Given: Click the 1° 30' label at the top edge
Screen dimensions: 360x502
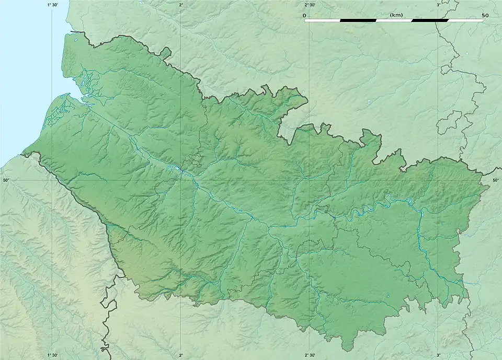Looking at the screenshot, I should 52,5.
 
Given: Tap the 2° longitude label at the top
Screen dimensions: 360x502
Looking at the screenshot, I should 181,5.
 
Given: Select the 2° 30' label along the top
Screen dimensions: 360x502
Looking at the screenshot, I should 310,5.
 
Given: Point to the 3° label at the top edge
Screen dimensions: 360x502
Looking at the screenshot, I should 439,5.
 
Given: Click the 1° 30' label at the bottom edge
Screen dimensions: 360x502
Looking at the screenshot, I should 52,355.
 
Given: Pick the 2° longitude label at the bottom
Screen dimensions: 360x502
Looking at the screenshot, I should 181,355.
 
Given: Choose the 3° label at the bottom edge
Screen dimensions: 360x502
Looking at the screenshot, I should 439,355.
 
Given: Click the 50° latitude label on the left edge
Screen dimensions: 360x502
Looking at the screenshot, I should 6,180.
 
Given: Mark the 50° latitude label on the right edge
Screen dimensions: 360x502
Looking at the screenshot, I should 496,180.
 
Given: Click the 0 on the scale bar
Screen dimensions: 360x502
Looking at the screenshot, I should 304,15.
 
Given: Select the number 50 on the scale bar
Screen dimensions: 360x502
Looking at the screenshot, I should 485,15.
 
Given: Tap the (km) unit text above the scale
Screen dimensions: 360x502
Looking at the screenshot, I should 396,15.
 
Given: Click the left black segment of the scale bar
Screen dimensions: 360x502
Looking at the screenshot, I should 358,20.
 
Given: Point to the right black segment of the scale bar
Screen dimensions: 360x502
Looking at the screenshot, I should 430,20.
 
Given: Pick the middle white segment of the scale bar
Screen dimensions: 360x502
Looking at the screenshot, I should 394,20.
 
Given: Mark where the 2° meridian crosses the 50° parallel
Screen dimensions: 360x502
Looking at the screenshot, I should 181,180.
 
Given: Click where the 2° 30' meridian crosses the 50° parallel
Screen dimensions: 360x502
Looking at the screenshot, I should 310,180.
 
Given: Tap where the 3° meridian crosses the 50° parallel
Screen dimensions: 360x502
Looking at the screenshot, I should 439,180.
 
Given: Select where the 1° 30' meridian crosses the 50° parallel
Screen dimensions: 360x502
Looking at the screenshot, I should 52,180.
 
